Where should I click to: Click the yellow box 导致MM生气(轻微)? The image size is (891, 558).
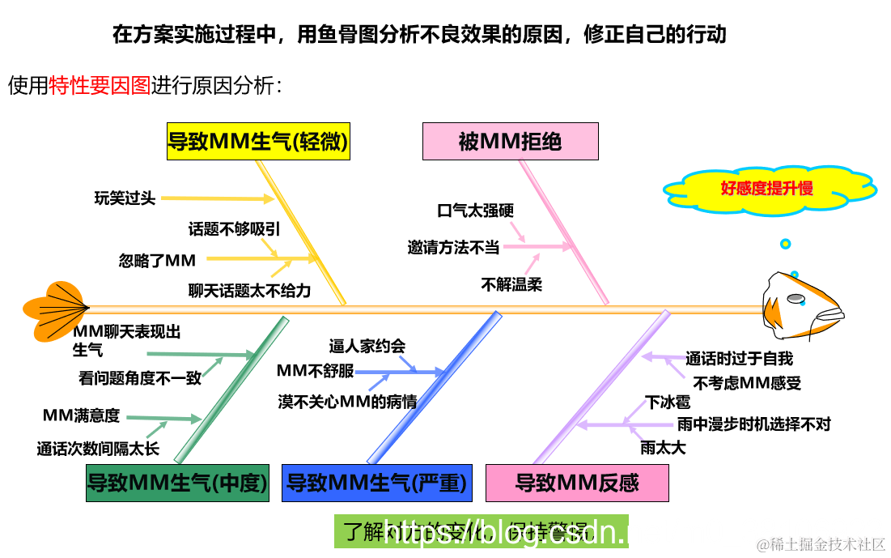(x=258, y=143)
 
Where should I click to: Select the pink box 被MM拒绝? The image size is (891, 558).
(x=510, y=142)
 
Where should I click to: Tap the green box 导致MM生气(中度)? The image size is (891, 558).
(x=177, y=483)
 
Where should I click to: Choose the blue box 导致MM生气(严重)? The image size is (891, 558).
(x=376, y=483)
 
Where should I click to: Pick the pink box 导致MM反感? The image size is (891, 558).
(x=577, y=483)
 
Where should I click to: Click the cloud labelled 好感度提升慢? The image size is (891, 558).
(x=766, y=189)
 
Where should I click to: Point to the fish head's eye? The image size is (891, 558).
(x=796, y=299)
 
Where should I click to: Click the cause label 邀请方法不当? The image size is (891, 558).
(x=453, y=248)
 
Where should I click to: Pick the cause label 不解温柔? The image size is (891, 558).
(x=511, y=284)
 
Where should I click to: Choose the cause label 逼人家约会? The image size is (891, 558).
(x=367, y=346)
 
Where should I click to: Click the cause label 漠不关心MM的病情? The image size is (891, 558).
(x=347, y=401)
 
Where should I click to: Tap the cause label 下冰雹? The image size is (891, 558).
(x=668, y=402)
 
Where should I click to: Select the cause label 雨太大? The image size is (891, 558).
(x=663, y=447)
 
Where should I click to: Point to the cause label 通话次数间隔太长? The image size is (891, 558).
(x=98, y=448)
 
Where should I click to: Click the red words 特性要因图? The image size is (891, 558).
(x=100, y=86)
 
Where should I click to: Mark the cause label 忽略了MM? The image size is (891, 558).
(x=157, y=260)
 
